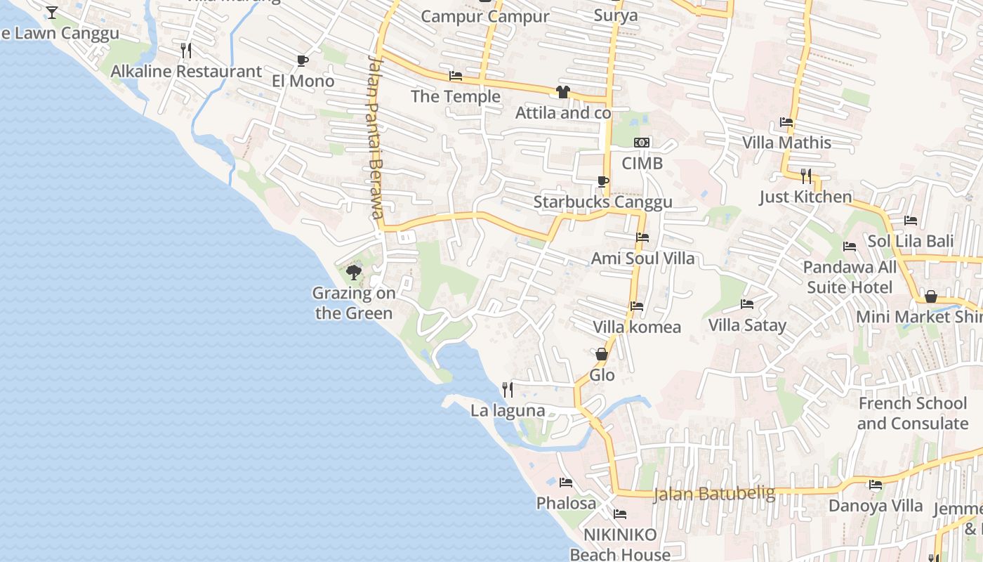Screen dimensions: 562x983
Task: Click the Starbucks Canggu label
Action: [x=602, y=202]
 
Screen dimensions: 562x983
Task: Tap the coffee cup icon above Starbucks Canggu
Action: [x=602, y=181]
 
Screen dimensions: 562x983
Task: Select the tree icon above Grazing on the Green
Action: [x=354, y=272]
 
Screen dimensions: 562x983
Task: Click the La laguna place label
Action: [x=508, y=410]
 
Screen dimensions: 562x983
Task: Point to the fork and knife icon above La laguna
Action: [x=508, y=389]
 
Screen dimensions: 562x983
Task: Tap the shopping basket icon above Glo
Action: [x=602, y=354]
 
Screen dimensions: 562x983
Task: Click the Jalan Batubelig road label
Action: [x=714, y=494]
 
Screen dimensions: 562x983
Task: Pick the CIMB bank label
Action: [x=642, y=163]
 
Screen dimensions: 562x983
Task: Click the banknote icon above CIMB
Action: [x=642, y=143]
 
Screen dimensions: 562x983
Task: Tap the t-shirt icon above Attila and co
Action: [x=562, y=92]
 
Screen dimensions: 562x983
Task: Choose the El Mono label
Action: [x=303, y=81]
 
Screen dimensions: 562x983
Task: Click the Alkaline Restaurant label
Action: [x=186, y=71]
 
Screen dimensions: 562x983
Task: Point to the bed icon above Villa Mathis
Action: [x=786, y=122]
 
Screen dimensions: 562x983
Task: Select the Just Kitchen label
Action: [x=805, y=197]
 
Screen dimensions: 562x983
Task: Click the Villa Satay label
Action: [x=747, y=325]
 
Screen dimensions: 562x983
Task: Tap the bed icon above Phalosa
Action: [x=566, y=483]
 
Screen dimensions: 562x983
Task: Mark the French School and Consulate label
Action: [x=912, y=413]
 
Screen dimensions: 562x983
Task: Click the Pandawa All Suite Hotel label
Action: [x=850, y=277]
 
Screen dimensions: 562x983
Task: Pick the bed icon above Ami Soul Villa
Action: [x=642, y=237]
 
